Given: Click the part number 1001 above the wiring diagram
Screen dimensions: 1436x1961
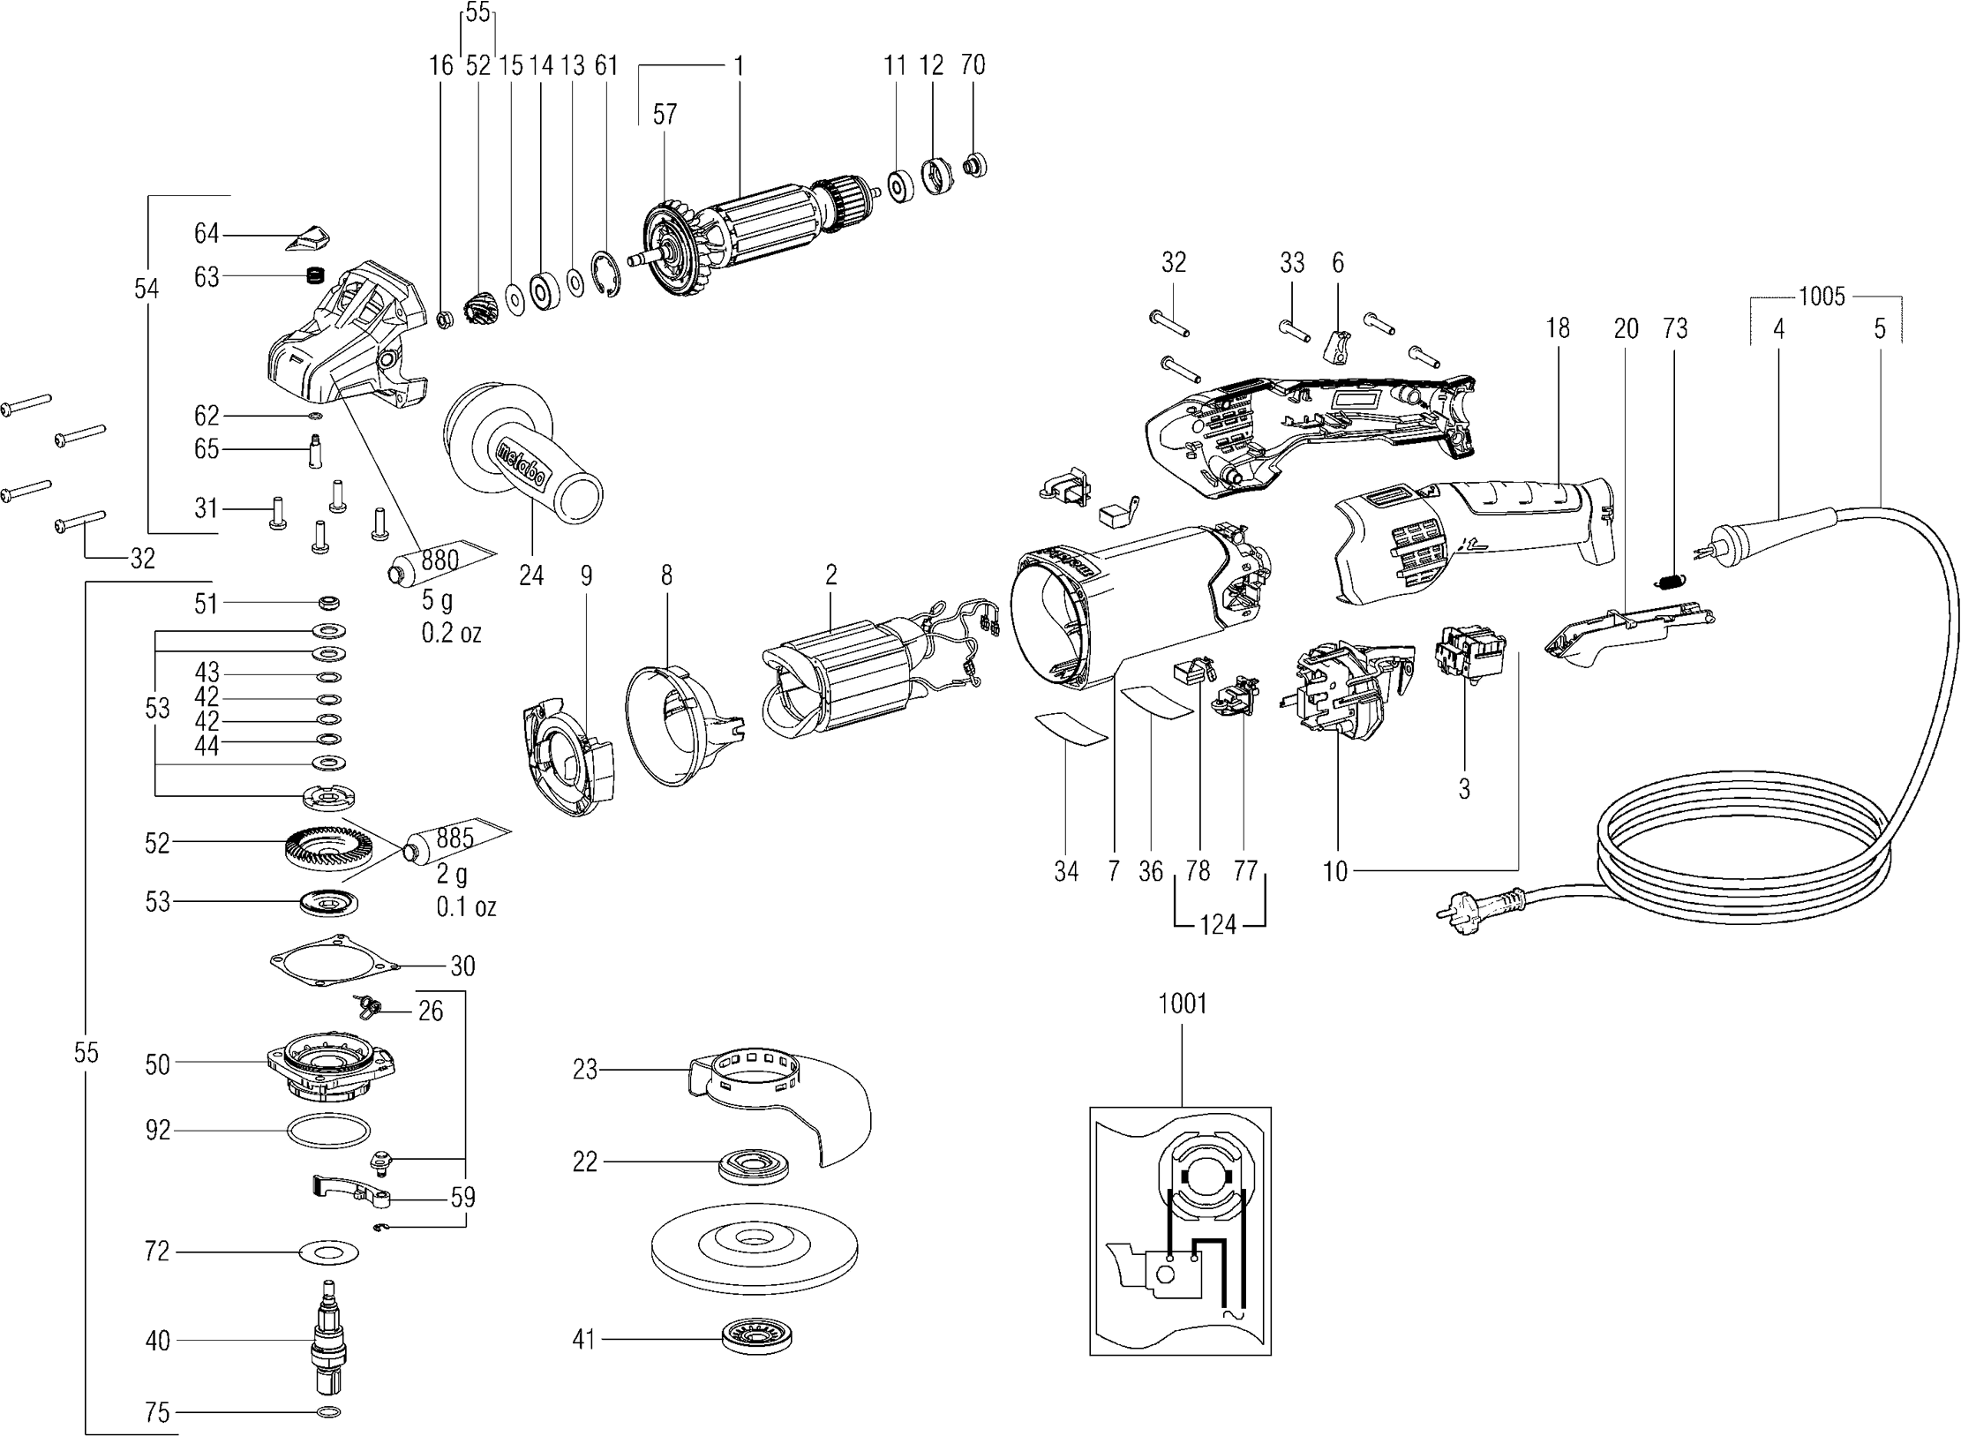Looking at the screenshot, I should point(1182,1004).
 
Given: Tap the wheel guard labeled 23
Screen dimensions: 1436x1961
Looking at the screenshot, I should point(777,1103).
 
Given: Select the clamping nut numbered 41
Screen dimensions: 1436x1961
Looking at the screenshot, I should point(755,1338).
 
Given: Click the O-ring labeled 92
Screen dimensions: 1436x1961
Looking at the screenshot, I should point(328,1131).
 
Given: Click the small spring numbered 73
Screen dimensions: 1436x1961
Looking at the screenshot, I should point(1667,583).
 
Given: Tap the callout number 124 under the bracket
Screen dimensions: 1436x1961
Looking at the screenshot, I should point(1218,926).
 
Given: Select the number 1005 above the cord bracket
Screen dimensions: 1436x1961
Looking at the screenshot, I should point(1822,297).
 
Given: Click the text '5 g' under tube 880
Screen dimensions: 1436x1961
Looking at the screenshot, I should point(437,601).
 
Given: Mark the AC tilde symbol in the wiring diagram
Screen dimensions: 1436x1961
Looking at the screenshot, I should point(1230,1339).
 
